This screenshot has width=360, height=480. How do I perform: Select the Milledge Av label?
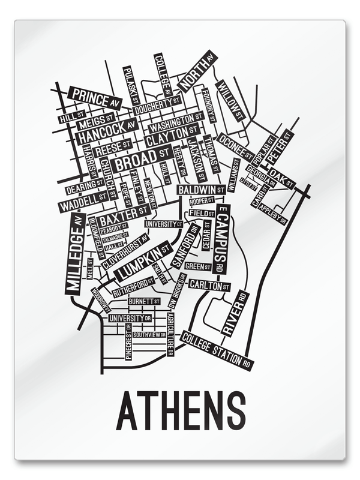click(74, 255)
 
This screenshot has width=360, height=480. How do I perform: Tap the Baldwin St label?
click(202, 190)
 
